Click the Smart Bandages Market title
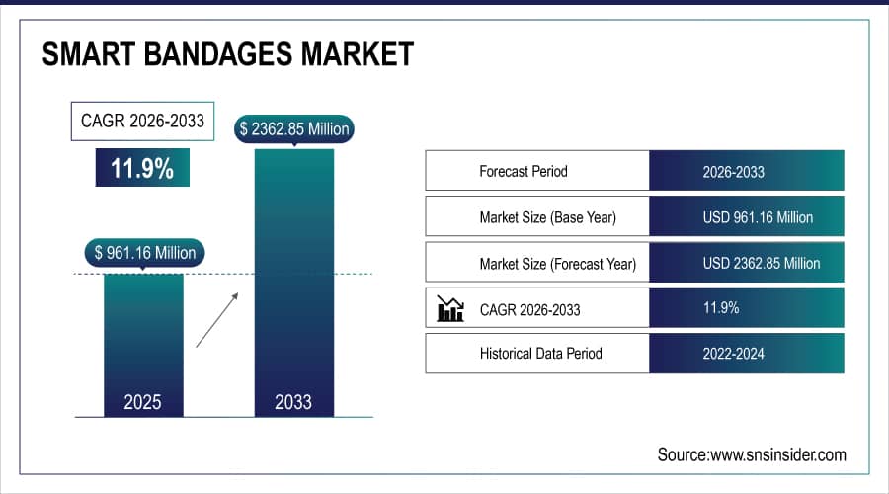pos(227,54)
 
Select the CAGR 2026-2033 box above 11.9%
pos(142,122)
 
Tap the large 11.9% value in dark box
pos(142,168)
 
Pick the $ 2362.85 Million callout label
pos(293,128)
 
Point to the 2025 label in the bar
pos(143,402)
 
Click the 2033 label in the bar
pos(293,402)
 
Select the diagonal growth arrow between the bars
pos(217,318)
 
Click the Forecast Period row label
pos(525,171)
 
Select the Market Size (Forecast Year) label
pos(557,264)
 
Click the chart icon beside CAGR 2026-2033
pos(450,309)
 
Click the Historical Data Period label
pos(540,353)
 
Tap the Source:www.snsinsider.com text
pos(752,454)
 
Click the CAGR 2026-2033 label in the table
pos(529,309)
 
